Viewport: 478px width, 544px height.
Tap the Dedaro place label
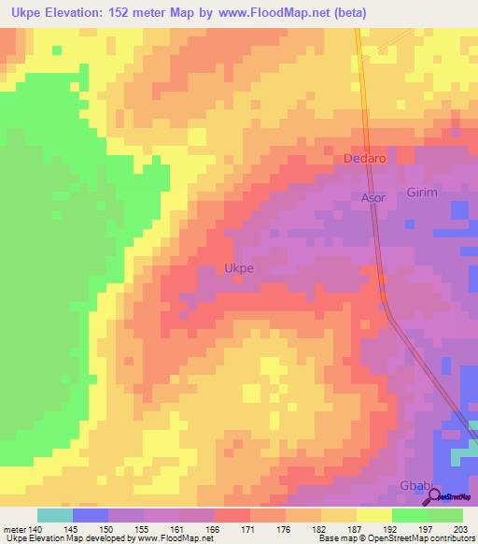365,159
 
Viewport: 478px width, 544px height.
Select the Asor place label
373,198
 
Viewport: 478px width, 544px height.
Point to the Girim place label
422,192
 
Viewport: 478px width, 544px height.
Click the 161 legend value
179,528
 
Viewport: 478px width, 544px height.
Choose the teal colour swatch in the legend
55,515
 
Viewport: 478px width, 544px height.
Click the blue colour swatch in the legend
91,515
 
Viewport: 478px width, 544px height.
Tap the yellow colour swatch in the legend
374,515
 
